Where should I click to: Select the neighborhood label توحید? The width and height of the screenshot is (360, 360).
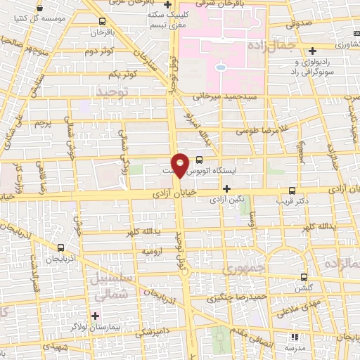(115, 92)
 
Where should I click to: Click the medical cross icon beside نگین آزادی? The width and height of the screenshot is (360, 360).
(226, 189)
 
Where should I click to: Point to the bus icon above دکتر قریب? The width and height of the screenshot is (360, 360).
(292, 190)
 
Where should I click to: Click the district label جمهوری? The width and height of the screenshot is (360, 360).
(240, 269)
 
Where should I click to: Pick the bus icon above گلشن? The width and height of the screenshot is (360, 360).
(304, 277)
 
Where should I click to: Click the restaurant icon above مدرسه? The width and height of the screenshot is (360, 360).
(294, 337)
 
